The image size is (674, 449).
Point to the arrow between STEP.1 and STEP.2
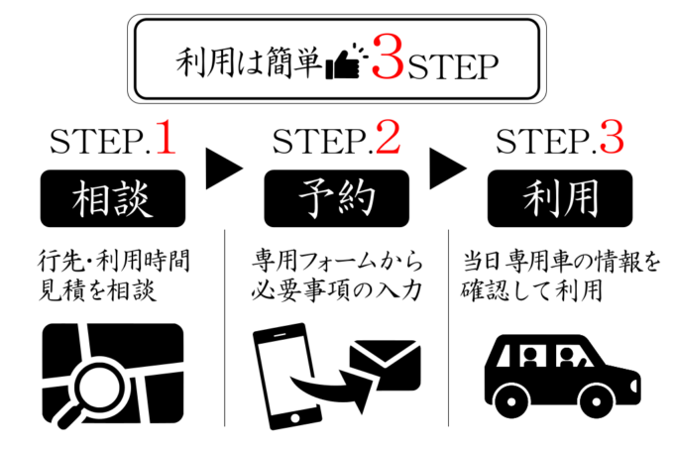coord(225,168)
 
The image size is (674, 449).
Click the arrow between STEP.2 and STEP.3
coord(449,168)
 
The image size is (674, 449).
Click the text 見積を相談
coord(96,294)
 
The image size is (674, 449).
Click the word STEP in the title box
coord(452,65)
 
